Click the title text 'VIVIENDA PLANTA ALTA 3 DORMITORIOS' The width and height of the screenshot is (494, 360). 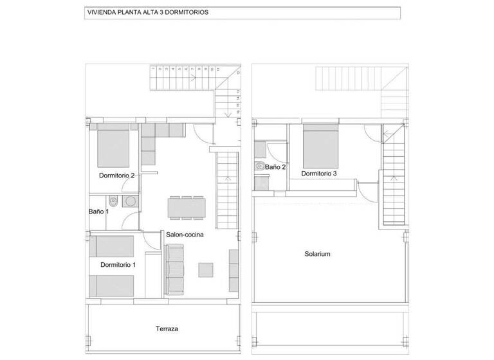pos(147,12)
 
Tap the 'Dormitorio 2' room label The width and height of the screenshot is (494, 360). pos(116,175)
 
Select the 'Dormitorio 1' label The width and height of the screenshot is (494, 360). pos(118,264)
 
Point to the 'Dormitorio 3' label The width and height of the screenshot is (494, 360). pos(318,173)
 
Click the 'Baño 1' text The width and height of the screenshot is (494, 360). pos(98,211)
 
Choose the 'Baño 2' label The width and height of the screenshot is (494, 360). pos(275,166)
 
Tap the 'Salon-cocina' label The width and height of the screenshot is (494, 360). pos(185,235)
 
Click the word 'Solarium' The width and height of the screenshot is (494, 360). pos(317,254)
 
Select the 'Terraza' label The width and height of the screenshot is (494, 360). pos(167,328)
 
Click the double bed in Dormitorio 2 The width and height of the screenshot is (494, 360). pos(114,146)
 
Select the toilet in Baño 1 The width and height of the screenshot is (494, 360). pos(112,200)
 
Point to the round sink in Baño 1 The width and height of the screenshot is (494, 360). pos(131,201)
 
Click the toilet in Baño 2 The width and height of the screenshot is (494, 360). pos(260,166)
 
